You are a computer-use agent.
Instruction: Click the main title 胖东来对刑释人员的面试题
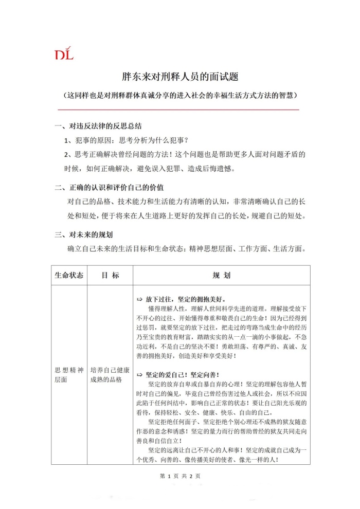coord(179,78)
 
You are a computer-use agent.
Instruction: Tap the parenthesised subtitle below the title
coord(179,96)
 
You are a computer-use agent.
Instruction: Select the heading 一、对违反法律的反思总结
coord(98,126)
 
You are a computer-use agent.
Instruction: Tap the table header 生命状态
coord(69,276)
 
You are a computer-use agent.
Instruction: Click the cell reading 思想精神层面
coord(68,374)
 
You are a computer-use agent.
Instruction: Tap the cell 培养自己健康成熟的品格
coord(110,374)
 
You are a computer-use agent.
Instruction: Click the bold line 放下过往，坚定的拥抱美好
coord(185,299)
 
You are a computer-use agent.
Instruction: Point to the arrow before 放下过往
coord(139,299)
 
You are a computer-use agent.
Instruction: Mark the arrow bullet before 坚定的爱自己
coord(139,375)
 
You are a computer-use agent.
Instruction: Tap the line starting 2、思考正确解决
coord(185,154)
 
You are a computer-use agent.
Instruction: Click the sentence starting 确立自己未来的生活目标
coord(188,249)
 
